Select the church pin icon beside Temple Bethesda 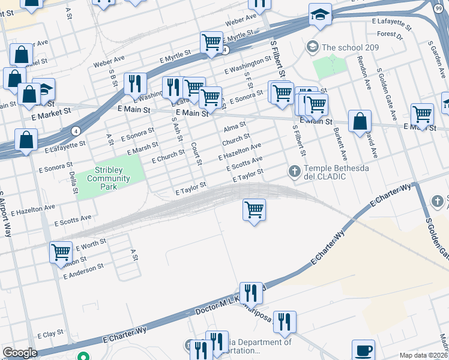294,172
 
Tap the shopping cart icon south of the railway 255,210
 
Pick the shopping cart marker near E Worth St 61,252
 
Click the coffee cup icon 363,350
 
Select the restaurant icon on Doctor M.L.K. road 251,293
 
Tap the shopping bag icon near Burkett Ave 360,122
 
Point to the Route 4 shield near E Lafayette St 76,131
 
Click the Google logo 20,353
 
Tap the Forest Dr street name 390,35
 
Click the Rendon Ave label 364,71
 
